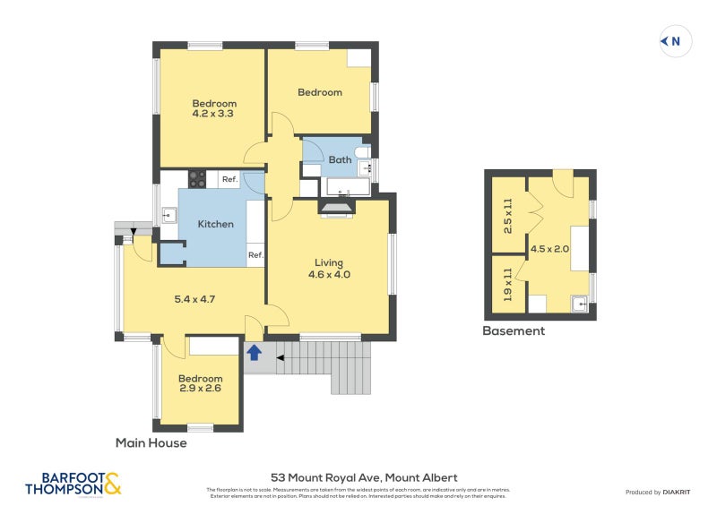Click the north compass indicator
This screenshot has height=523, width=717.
point(676,41)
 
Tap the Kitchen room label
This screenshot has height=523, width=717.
point(215,225)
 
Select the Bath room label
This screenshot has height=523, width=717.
point(340,160)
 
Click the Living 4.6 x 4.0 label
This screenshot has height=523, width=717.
point(328,269)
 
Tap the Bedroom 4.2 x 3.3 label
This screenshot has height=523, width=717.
point(212,108)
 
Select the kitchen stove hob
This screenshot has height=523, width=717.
point(196,179)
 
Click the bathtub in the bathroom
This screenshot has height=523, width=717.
point(347,187)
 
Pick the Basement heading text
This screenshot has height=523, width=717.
point(513,330)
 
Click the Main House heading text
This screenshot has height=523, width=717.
point(151,442)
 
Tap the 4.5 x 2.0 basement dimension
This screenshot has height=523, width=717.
point(549,249)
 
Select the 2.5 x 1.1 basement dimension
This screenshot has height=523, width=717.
point(507,216)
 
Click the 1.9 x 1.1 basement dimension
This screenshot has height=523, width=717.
point(507,285)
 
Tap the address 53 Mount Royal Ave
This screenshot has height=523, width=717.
point(364,478)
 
